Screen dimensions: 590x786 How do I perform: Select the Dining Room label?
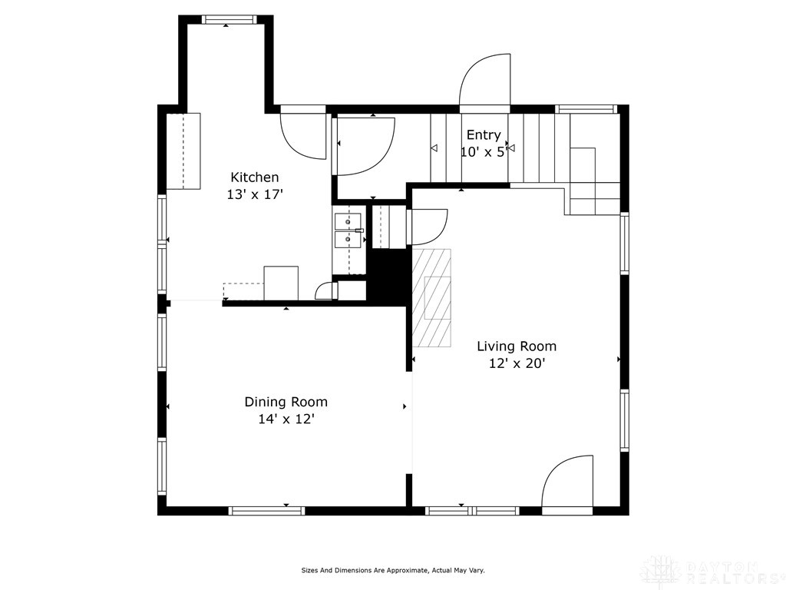coord(286,402)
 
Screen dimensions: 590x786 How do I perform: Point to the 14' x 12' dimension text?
coord(286,419)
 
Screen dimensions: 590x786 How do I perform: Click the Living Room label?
coord(517,346)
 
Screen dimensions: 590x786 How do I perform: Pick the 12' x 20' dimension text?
coord(517,364)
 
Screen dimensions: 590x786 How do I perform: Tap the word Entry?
coord(484,135)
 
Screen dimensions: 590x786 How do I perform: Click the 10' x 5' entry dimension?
coord(483,152)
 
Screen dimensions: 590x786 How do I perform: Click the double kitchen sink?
coord(348,230)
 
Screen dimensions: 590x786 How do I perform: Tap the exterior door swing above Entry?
coord(486,81)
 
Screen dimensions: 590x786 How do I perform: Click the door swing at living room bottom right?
coord(569,482)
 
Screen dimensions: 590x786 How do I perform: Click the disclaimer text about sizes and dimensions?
coord(392,570)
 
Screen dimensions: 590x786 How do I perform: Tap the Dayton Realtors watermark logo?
coord(711,570)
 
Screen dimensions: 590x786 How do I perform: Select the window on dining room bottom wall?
coord(267,510)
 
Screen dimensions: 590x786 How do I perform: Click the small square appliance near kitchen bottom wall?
coord(281,283)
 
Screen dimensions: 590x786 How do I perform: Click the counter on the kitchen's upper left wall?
coord(183,151)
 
